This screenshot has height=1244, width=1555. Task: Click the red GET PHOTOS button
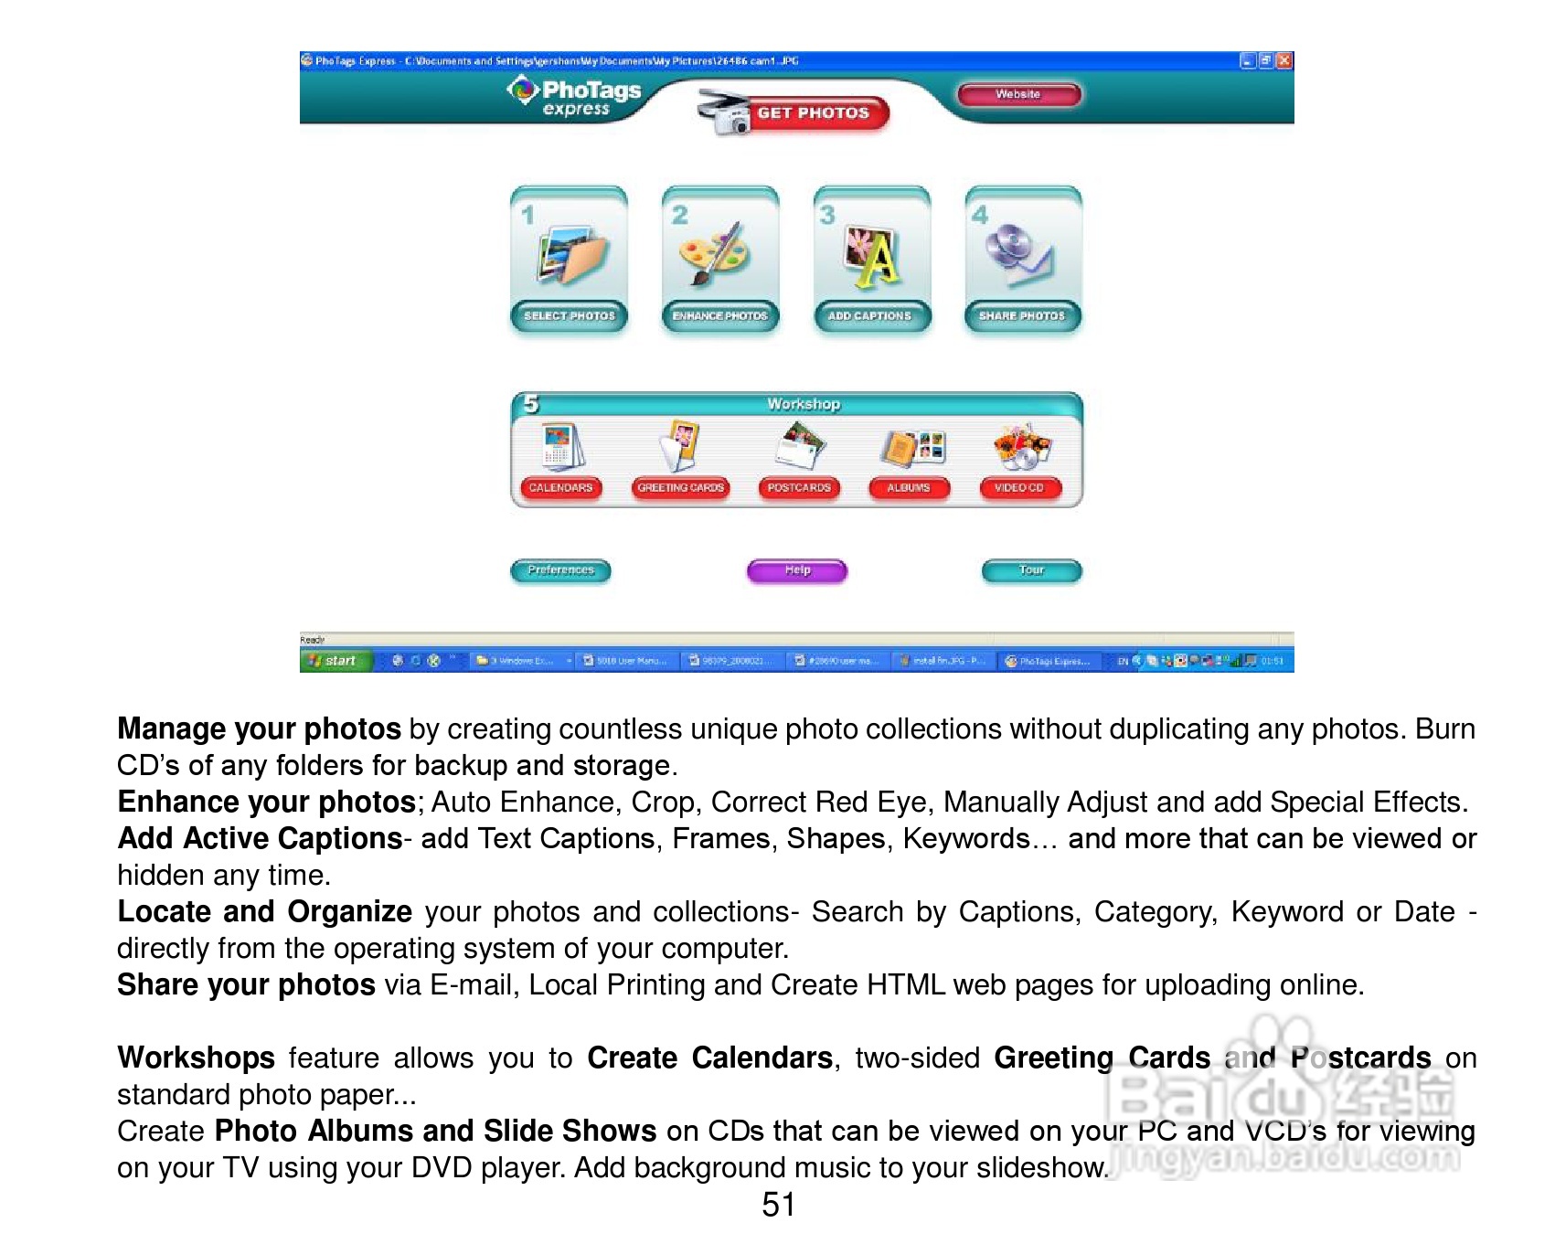tap(813, 113)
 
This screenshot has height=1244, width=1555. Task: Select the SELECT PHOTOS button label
tap(570, 315)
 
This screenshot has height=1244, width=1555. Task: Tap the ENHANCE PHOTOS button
tap(720, 315)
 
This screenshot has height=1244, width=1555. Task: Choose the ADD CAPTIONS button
tap(870, 315)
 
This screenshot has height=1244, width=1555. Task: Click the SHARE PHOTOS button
tap(1022, 315)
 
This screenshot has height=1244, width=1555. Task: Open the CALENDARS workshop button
tap(560, 488)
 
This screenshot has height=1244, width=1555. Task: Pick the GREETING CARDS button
tap(681, 488)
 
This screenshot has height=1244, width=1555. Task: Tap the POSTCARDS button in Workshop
tap(799, 488)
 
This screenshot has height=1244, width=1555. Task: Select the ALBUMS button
tap(909, 488)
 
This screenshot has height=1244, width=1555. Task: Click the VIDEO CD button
tap(1019, 488)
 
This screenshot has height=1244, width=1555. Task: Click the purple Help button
tap(797, 570)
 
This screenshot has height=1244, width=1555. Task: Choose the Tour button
tap(1031, 570)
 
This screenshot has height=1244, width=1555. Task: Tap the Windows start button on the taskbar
tap(335, 661)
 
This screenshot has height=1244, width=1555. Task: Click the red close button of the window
tap(1284, 60)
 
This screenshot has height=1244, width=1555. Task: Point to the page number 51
tap(778, 1205)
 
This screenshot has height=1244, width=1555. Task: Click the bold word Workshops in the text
tap(197, 1058)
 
